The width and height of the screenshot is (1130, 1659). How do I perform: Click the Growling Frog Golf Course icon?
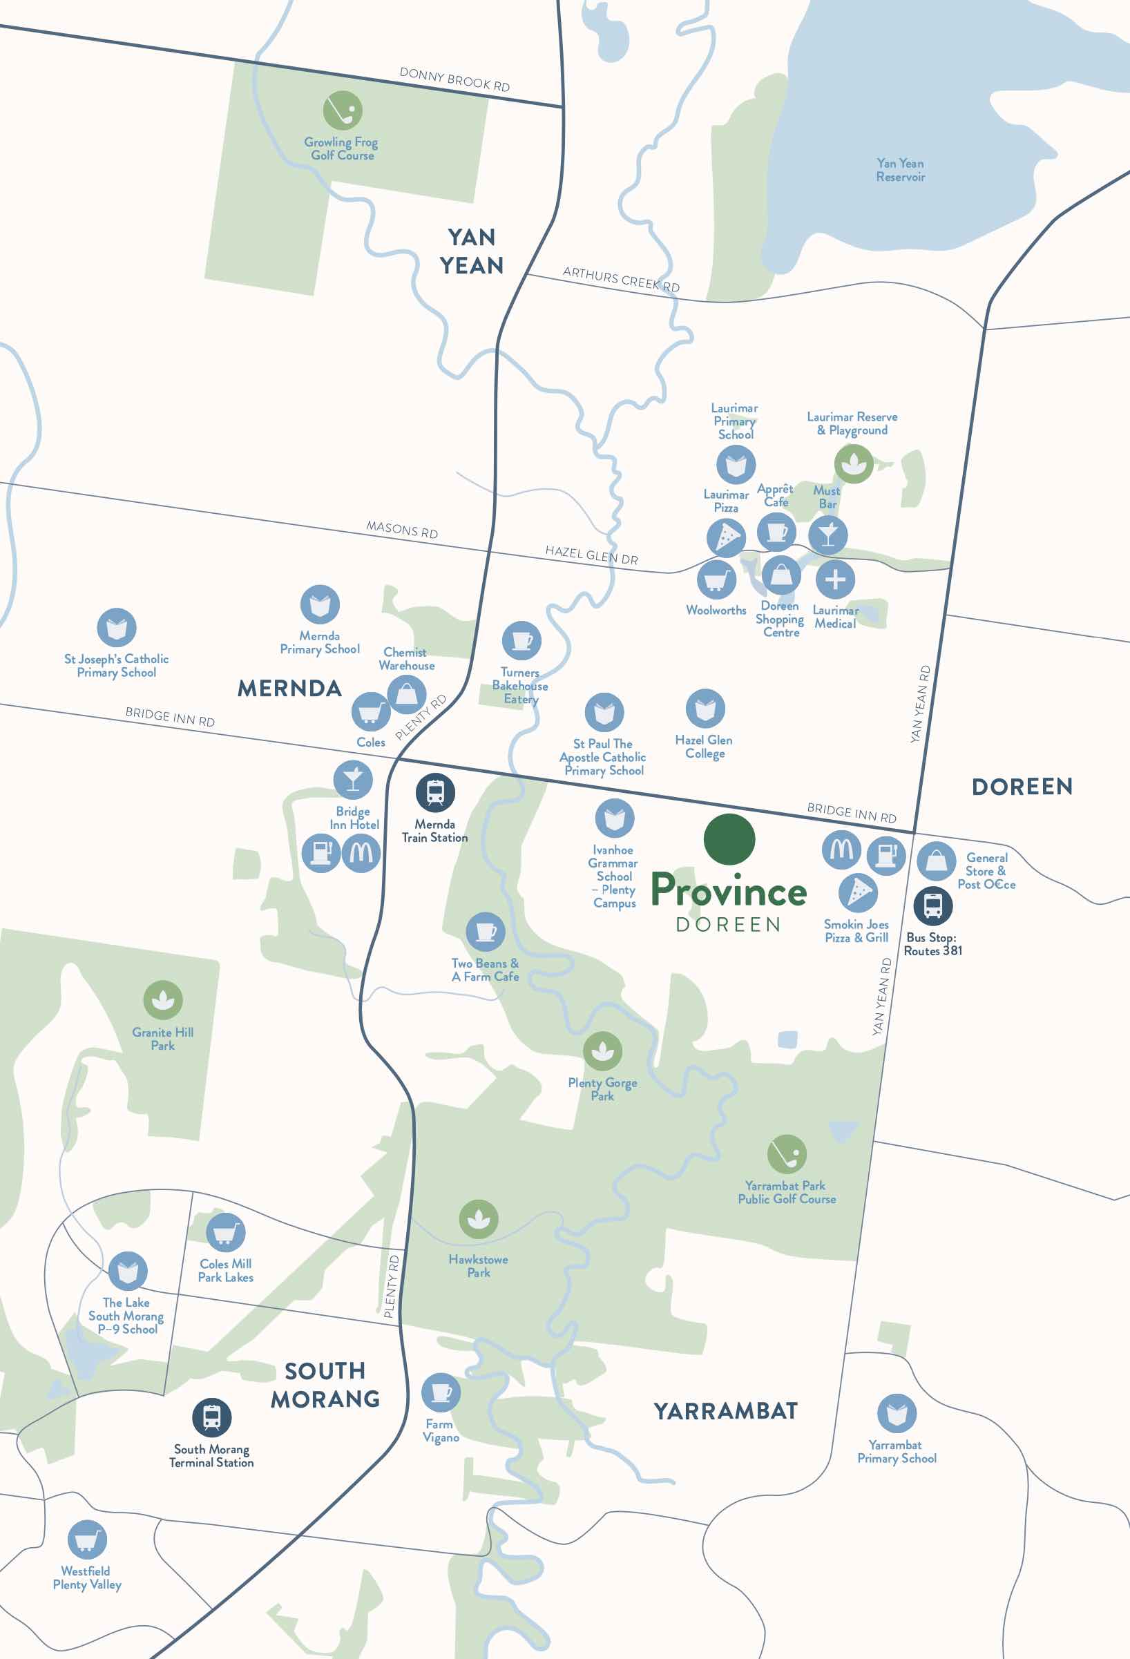click(343, 110)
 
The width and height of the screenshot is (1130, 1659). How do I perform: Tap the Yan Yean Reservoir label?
click(900, 170)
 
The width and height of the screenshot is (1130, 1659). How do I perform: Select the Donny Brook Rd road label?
click(454, 79)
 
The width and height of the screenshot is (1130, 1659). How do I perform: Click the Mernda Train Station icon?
click(435, 792)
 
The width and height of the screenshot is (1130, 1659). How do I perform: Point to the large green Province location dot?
click(729, 838)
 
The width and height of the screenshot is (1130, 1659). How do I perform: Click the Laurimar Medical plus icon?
click(835, 579)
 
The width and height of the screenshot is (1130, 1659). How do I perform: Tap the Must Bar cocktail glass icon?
click(828, 535)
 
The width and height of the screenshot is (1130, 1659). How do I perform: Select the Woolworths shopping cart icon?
click(716, 579)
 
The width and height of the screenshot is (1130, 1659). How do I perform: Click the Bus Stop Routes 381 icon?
click(933, 906)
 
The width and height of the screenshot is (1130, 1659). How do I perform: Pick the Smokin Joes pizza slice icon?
click(858, 892)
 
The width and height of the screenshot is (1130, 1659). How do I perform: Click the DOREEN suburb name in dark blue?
click(1022, 787)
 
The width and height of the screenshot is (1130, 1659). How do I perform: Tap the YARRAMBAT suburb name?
click(725, 1410)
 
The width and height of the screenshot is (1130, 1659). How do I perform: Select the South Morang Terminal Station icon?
click(212, 1417)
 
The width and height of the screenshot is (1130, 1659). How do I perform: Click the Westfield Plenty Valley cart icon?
click(87, 1539)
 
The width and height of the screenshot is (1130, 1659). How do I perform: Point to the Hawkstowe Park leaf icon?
click(478, 1219)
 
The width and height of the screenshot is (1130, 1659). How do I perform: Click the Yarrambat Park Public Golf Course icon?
click(787, 1154)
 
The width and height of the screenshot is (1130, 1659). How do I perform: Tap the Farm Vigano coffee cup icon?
click(441, 1392)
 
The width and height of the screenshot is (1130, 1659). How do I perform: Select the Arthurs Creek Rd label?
click(621, 278)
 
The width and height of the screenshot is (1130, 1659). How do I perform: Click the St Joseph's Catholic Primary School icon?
click(117, 628)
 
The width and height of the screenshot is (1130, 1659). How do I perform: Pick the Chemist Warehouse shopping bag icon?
click(407, 693)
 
